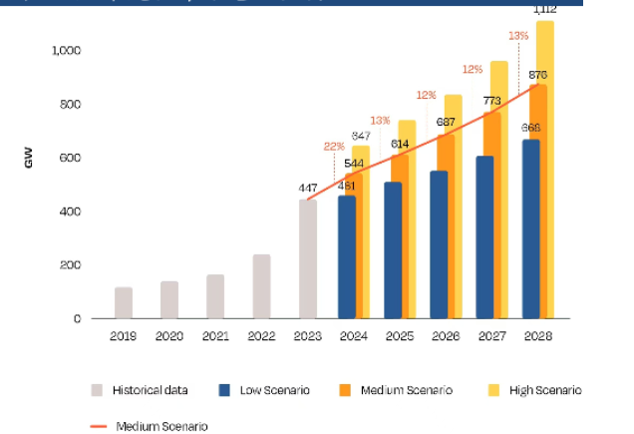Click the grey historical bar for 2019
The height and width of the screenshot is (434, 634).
click(x=124, y=302)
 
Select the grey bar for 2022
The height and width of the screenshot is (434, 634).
click(x=261, y=286)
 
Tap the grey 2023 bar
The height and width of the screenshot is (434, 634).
click(x=307, y=259)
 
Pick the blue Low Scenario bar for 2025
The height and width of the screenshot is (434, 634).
click(x=393, y=250)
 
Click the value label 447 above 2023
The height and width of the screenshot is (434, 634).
click(x=307, y=188)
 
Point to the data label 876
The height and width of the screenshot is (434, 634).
click(x=537, y=75)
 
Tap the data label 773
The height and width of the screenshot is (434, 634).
click(x=491, y=101)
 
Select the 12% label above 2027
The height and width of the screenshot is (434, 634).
click(x=472, y=69)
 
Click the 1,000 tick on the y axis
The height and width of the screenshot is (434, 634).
click(x=67, y=50)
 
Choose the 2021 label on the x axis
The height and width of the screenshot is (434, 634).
click(x=215, y=337)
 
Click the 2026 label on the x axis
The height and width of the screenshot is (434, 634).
click(x=446, y=337)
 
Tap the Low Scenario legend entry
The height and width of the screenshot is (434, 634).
click(x=266, y=390)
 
